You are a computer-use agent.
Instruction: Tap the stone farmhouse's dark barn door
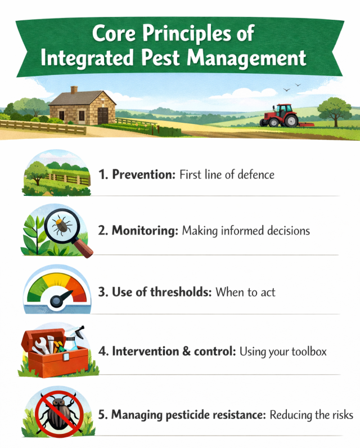[102, 116]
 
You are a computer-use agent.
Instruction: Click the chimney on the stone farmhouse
[74, 90]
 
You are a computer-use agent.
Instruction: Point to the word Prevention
[143, 174]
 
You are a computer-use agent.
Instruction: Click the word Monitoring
[145, 231]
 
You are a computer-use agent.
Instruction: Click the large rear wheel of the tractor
[290, 119]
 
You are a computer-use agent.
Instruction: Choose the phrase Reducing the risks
[311, 415]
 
